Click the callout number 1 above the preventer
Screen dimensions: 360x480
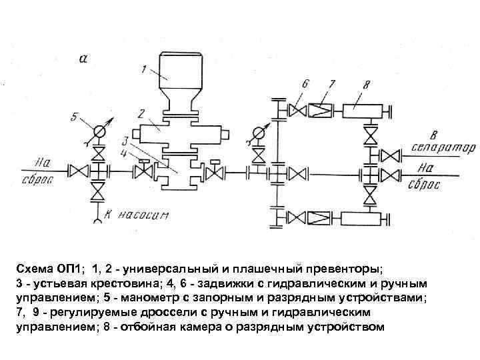coord(143,69)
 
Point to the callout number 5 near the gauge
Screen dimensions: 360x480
coord(75,119)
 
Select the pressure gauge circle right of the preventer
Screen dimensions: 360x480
coord(259,132)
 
